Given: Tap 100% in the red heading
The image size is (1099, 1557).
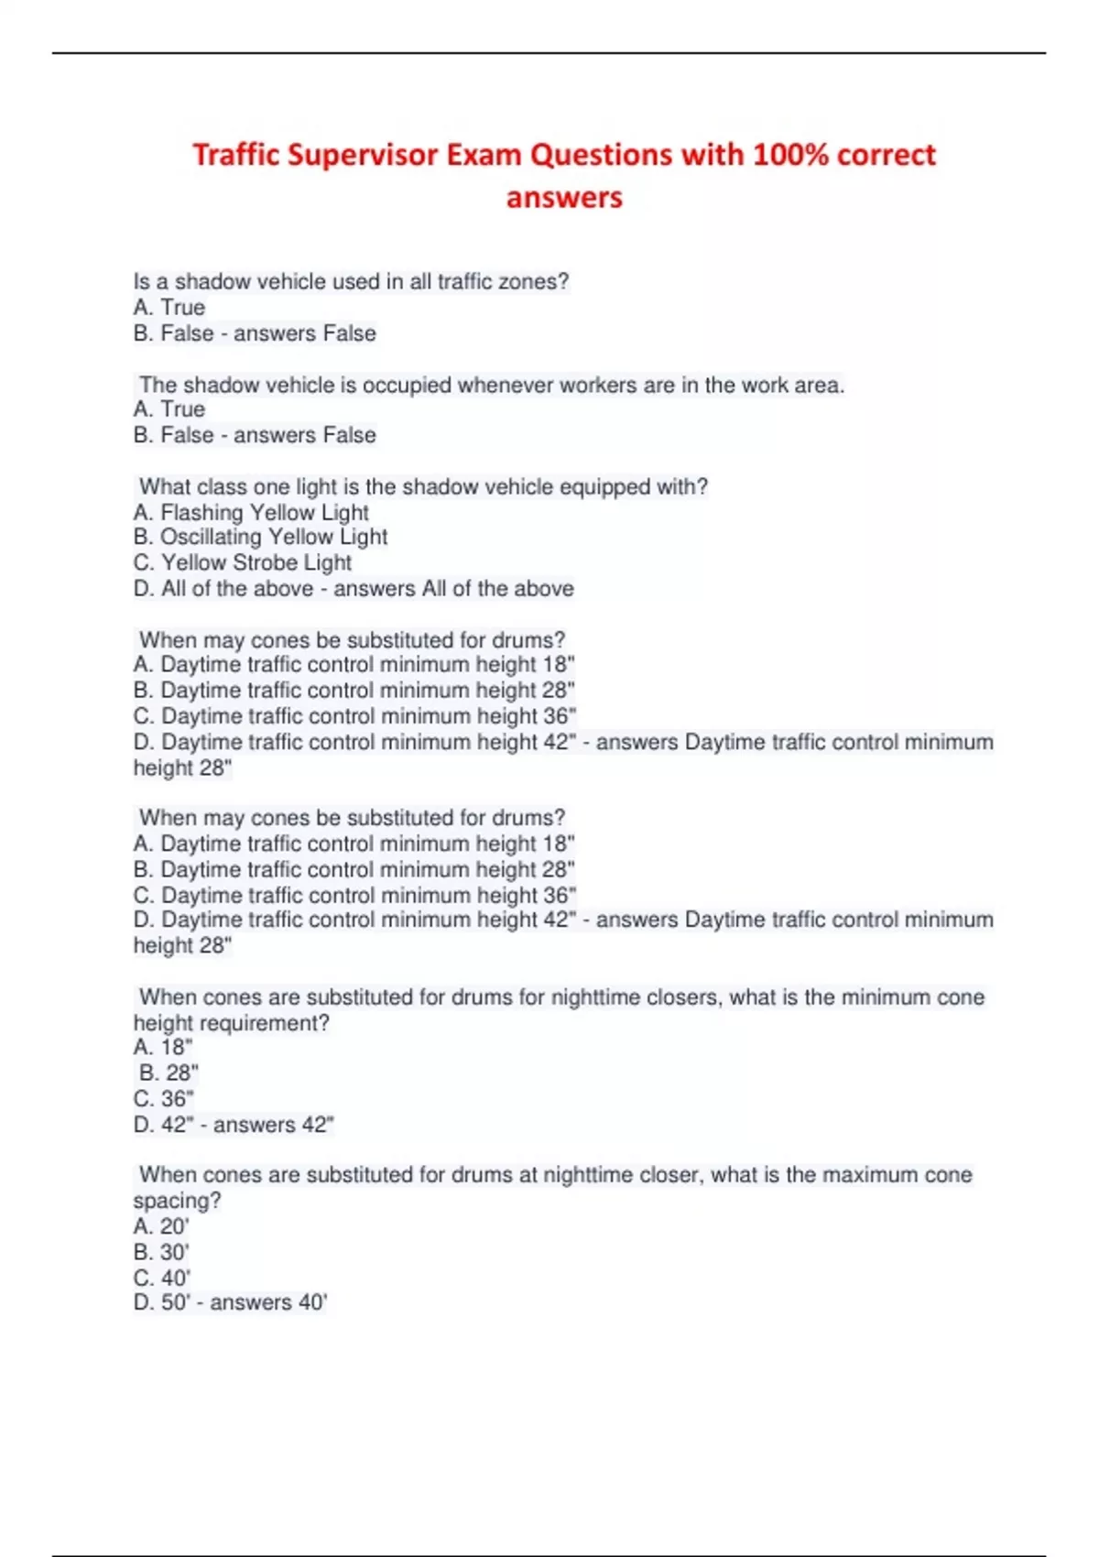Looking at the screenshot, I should pos(789,155).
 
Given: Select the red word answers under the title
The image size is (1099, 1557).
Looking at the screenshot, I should pos(564,198).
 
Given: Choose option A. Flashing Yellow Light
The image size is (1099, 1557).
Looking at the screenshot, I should pos(251,512).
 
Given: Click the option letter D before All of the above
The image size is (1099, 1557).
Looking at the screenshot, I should pos(142,588).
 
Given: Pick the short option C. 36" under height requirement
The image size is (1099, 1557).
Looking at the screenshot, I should pos(164,1098).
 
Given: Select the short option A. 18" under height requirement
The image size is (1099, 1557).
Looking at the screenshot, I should pos(163,1047).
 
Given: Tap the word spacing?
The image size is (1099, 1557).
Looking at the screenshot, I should pos(177,1200).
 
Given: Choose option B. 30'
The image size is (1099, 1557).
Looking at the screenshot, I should pos(161,1251).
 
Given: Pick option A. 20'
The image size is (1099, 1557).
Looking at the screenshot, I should pos(161,1225).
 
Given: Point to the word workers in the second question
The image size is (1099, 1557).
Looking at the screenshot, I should pos(598,385).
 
